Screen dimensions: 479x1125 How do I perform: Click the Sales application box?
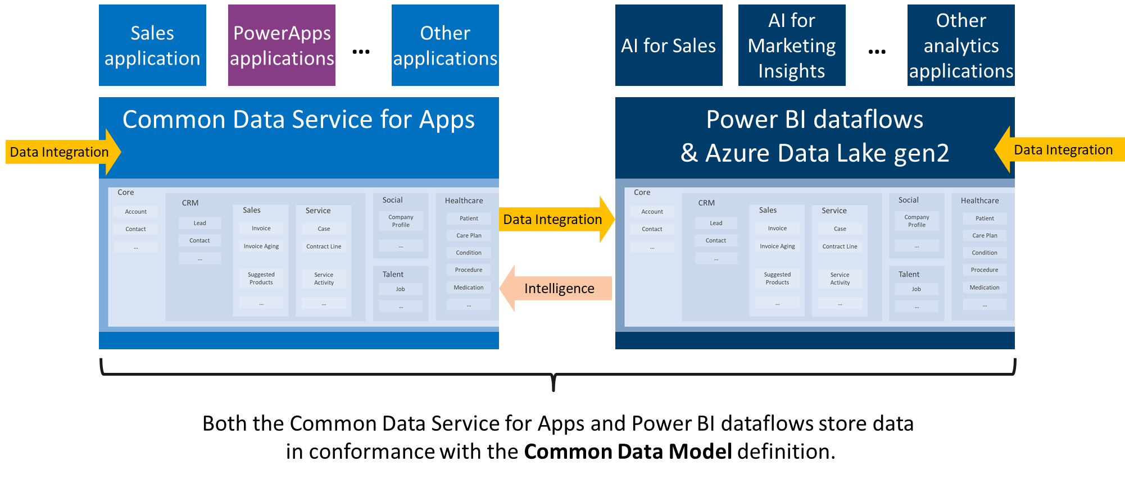tap(152, 45)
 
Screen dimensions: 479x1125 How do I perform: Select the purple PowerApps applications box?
tap(282, 45)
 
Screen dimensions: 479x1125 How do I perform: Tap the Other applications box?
tap(445, 45)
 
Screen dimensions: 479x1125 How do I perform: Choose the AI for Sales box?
tap(669, 45)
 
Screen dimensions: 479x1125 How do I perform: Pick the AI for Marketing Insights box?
tap(792, 45)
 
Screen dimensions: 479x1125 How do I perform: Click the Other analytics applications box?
tap(961, 45)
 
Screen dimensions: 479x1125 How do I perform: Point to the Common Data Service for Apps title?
tap(298, 120)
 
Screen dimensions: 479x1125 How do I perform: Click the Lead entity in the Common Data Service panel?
tap(200, 223)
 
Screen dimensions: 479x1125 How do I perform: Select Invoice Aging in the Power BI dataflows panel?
tap(777, 246)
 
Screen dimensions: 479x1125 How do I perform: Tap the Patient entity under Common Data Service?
tap(469, 218)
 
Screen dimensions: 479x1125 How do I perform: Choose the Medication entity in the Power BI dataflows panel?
tap(985, 288)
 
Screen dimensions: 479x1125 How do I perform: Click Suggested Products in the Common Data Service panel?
tap(261, 279)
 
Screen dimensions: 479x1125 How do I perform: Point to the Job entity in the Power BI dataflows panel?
tap(917, 289)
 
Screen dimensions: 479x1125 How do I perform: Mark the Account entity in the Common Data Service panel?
tap(136, 212)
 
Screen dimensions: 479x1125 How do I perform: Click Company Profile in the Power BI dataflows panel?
tap(917, 221)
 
